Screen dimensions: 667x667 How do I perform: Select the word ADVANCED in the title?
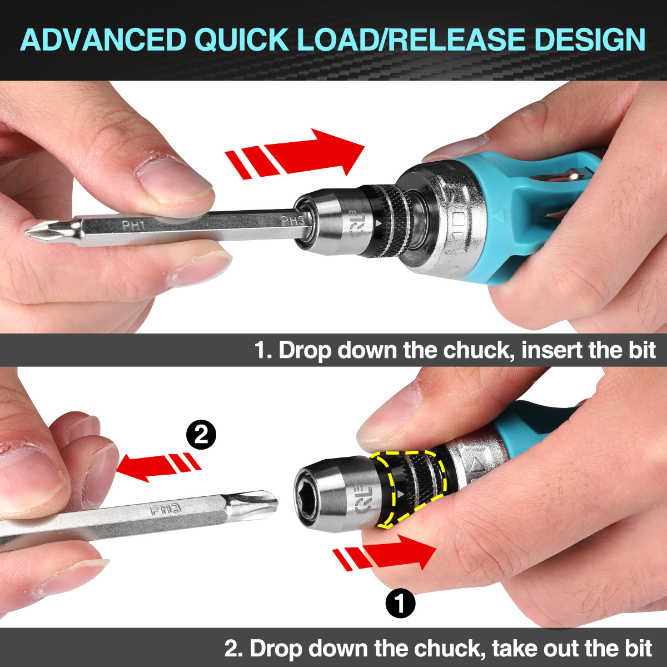(103, 39)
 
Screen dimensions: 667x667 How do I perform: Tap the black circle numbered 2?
(201, 434)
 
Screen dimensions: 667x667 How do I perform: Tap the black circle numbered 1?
(400, 603)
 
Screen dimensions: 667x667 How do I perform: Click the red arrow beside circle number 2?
(158, 465)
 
